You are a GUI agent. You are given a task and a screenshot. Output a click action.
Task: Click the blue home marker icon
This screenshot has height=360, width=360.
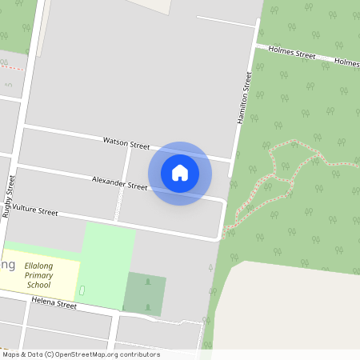(x=180, y=172)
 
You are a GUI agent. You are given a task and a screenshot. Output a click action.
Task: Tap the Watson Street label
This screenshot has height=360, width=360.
(x=126, y=143)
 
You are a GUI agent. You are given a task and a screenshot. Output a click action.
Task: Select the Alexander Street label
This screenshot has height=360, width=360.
(x=119, y=183)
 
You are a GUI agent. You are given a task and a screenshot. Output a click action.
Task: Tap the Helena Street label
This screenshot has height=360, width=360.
(x=54, y=304)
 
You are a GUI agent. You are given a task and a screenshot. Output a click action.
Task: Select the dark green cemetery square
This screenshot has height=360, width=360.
(x=145, y=294)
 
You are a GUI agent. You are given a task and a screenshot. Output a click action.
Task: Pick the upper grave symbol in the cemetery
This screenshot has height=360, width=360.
(x=147, y=282)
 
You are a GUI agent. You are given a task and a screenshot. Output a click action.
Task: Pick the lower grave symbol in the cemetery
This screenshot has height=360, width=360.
(x=147, y=305)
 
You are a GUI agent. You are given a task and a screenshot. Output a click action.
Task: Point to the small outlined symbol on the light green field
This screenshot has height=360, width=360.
(x=82, y=289)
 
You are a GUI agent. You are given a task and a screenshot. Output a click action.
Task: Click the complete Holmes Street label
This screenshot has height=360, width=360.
(x=292, y=54)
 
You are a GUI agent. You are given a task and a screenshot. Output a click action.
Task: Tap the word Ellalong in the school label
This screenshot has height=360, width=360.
(x=38, y=264)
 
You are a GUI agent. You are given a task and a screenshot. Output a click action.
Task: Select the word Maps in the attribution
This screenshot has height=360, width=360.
(x=11, y=354)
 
